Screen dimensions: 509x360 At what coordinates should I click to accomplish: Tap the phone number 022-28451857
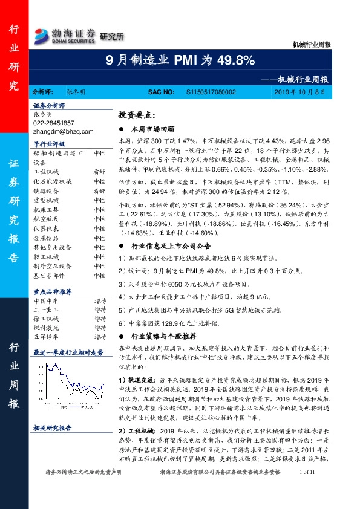coord(54,122)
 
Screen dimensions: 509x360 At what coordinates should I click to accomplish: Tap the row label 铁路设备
coord(45,190)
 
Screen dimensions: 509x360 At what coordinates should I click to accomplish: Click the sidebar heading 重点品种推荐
coord(52,273)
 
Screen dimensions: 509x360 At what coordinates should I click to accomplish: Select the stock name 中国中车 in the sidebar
coord(45,284)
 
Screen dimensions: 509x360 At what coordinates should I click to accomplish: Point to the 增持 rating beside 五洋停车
coord(100,320)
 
